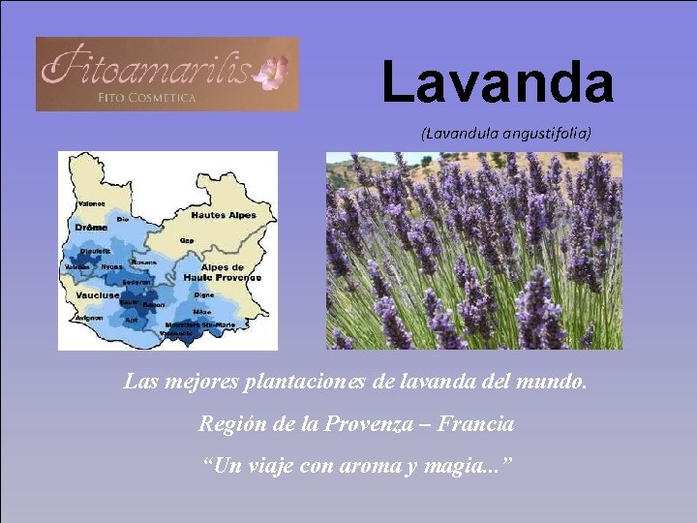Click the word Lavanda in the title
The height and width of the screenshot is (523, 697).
pyautogui.click(x=498, y=81)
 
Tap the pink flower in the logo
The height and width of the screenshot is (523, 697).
pyautogui.click(x=273, y=71)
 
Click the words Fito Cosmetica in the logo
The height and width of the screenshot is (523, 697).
pyautogui.click(x=147, y=97)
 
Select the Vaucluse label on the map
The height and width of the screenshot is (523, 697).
pyautogui.click(x=97, y=294)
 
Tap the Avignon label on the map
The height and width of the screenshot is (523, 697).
pyautogui.click(x=88, y=318)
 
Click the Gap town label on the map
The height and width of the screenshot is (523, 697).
pyautogui.click(x=186, y=240)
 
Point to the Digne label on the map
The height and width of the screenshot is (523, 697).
pyautogui.click(x=203, y=294)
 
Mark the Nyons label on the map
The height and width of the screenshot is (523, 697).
pyautogui.click(x=111, y=267)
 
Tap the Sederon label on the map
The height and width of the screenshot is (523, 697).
pyautogui.click(x=135, y=283)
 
